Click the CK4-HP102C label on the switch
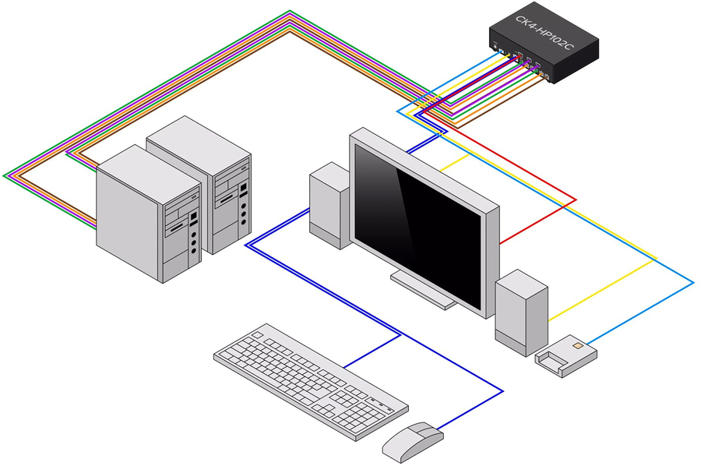point(545,33)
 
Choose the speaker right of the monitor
point(521,312)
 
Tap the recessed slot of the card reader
point(554,359)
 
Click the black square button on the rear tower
point(244,188)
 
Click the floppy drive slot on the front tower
point(178,227)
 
